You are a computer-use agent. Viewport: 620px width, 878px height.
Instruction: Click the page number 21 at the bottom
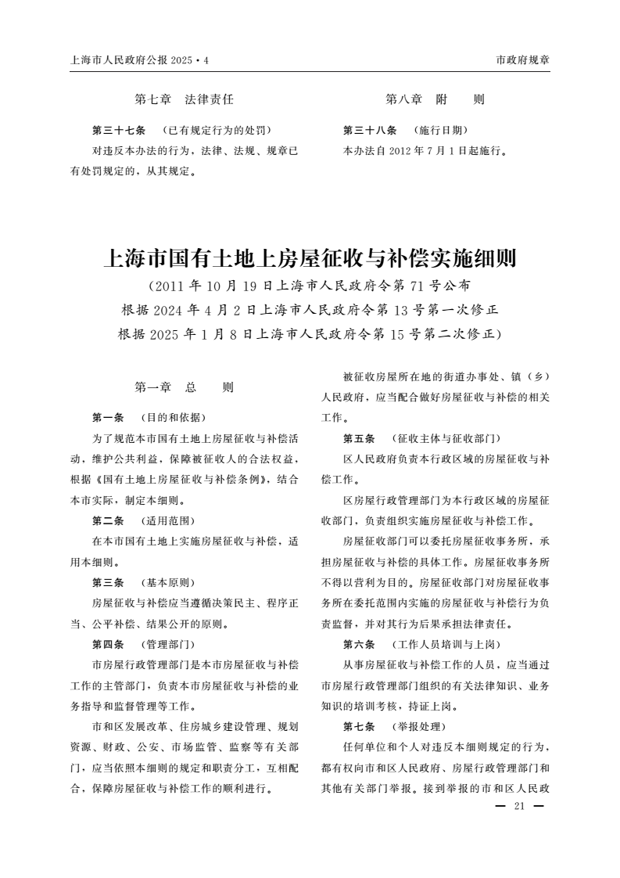[518, 807]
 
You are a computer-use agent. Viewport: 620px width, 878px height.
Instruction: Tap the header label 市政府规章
[523, 60]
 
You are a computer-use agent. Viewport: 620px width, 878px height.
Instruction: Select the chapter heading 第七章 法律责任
[185, 99]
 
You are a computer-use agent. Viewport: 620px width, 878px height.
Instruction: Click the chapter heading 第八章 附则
[435, 99]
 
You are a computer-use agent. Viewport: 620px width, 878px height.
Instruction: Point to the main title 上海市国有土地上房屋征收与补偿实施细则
[310, 257]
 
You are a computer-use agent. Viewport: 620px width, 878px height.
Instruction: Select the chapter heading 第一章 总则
[185, 387]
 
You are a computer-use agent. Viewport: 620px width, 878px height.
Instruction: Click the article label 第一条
[108, 416]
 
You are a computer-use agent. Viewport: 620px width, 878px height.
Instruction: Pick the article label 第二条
[108, 520]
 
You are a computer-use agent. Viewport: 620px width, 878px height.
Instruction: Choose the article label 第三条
[108, 583]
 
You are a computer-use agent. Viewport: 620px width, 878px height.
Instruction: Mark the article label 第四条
[108, 645]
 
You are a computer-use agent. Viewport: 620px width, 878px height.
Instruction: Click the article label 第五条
[359, 437]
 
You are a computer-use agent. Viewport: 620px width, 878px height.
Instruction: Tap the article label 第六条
[359, 645]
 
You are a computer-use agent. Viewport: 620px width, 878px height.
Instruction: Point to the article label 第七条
[359, 727]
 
